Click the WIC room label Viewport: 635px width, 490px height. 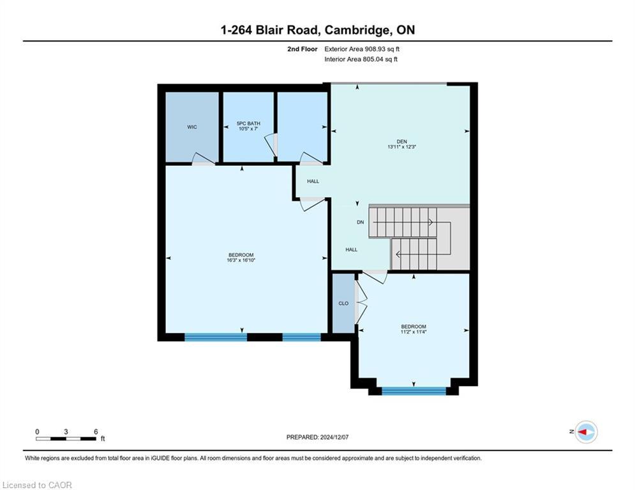pos(192,127)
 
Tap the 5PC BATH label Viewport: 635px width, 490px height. pos(248,124)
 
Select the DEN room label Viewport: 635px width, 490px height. pos(401,142)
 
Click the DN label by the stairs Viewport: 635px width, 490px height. pos(361,222)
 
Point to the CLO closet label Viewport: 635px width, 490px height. pos(343,303)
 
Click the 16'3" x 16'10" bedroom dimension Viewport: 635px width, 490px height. pos(241,260)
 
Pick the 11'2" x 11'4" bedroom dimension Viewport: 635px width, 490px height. pos(414,332)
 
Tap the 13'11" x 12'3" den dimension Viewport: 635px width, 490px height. pos(401,147)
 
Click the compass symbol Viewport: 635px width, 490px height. pos(586,432)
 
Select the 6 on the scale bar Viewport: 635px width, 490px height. pos(96,432)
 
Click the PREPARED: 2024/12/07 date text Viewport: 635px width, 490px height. pos(318,437)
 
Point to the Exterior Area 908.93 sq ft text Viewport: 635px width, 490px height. pos(362,49)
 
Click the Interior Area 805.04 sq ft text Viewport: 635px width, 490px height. pos(361,59)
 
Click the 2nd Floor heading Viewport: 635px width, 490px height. pos(303,49)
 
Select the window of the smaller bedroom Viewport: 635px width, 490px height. pos(414,390)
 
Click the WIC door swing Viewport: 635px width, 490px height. pos(203,158)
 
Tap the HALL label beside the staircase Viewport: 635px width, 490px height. pos(352,250)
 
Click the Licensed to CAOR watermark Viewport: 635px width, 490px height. pos(37,485)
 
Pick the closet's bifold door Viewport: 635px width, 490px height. pos(361,303)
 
